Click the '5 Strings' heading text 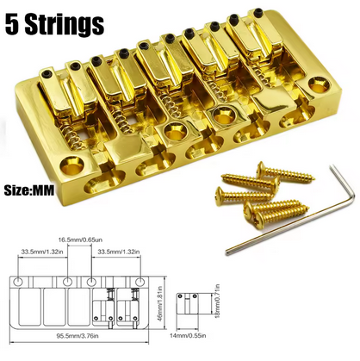54,24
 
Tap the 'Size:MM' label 29,190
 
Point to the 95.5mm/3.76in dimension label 78,335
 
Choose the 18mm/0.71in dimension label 217,301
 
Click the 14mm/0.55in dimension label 188,335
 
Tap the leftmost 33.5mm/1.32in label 41,252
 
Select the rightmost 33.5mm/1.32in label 119,252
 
